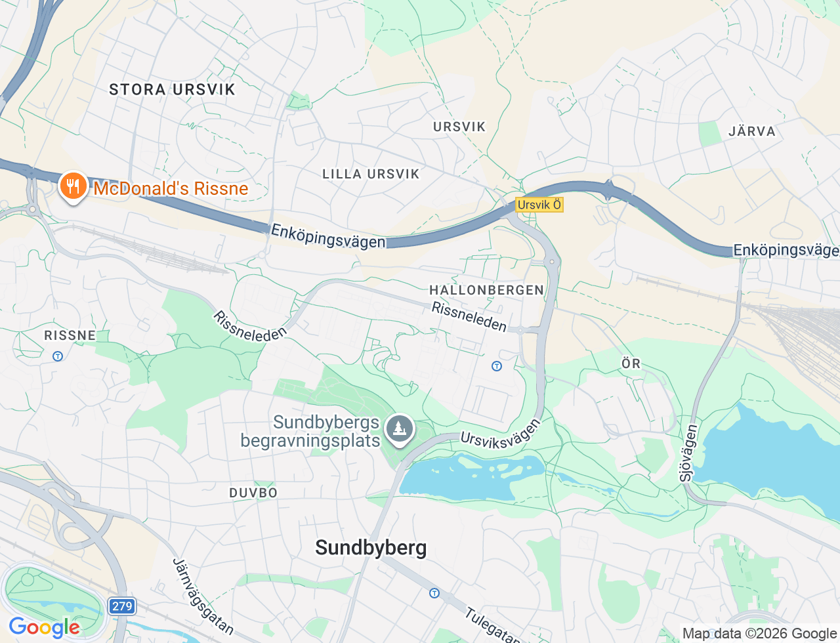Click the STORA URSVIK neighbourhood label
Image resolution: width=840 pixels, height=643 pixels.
pyautogui.click(x=172, y=90)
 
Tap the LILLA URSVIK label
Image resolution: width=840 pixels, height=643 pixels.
pyautogui.click(x=371, y=174)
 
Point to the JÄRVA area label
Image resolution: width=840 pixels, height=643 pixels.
pyautogui.click(x=752, y=131)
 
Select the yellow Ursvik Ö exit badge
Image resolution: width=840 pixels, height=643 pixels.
pyautogui.click(x=539, y=205)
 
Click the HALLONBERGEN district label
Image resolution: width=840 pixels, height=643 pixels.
pyautogui.click(x=486, y=290)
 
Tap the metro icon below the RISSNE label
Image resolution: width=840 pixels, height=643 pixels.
pyautogui.click(x=58, y=356)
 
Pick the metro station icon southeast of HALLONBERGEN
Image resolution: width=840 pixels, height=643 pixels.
pyautogui.click(x=497, y=366)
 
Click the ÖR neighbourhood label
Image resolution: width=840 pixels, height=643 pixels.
pyautogui.click(x=631, y=363)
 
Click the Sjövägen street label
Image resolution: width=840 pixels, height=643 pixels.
pyautogui.click(x=688, y=453)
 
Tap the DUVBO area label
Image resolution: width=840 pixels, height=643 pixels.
pyautogui.click(x=253, y=493)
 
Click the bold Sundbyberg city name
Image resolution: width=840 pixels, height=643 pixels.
pyautogui.click(x=371, y=547)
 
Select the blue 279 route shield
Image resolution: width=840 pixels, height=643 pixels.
pyautogui.click(x=122, y=606)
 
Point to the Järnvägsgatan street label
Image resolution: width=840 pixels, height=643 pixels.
pyautogui.click(x=203, y=596)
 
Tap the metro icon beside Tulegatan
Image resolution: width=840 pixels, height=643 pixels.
pyautogui.click(x=434, y=593)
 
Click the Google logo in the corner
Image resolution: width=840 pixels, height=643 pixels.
pyautogui.click(x=44, y=628)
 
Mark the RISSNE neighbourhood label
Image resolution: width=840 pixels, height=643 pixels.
pyautogui.click(x=70, y=335)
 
